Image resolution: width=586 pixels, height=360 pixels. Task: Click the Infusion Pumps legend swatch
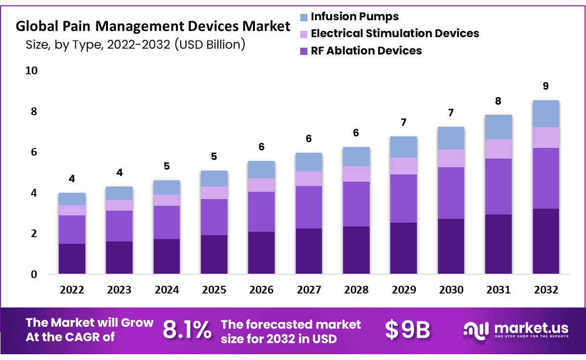(304, 18)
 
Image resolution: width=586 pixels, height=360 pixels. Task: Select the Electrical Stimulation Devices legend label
(395, 33)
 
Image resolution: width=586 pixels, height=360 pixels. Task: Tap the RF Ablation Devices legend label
(366, 51)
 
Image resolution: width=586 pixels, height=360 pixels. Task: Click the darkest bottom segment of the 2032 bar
(546, 241)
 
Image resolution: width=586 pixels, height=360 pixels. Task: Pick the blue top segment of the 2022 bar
(72, 199)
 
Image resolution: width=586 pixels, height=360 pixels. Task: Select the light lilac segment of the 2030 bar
(451, 158)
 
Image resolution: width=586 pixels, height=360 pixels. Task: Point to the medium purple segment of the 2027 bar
(309, 207)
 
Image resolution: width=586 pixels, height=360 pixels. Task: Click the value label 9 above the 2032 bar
(546, 86)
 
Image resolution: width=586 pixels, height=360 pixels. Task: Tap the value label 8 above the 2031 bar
(498, 101)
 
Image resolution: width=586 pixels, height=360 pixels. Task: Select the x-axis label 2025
(214, 290)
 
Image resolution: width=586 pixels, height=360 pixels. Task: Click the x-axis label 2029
(404, 290)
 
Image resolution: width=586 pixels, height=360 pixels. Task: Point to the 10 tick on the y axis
(31, 70)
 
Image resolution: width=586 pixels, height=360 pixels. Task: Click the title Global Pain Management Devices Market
(153, 26)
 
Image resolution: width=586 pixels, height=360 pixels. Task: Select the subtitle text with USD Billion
(135, 45)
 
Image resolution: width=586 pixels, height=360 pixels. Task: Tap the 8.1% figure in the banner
(187, 330)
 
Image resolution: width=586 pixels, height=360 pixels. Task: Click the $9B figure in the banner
(407, 330)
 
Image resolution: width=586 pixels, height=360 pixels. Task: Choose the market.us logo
(516, 330)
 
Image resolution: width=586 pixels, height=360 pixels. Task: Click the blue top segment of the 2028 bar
(356, 157)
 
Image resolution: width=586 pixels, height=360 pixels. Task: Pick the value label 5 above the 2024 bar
(167, 166)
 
